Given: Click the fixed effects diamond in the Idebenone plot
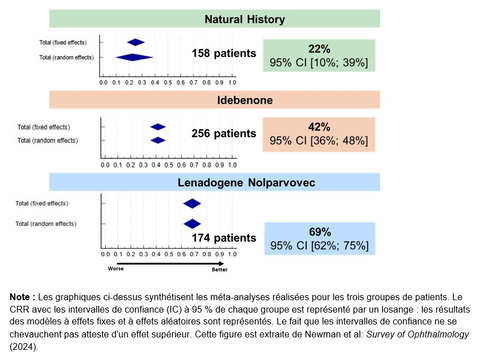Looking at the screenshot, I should pos(158,126).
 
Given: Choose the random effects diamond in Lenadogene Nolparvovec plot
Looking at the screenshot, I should pos(192,223).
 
